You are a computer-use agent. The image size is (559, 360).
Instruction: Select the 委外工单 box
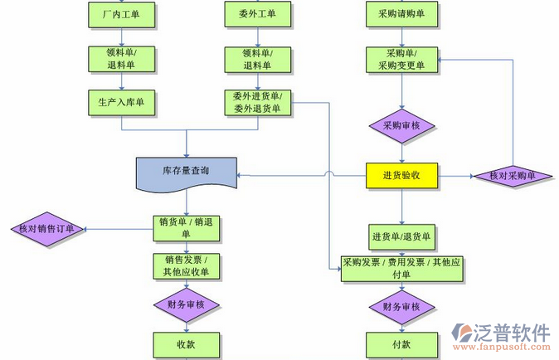coord(257,13)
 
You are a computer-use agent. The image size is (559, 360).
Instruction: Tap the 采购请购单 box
coord(401,13)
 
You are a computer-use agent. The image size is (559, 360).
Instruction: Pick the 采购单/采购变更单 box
coord(401,59)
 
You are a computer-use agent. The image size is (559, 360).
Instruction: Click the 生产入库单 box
coord(122,101)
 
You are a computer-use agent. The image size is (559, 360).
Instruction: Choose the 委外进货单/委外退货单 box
coord(257,101)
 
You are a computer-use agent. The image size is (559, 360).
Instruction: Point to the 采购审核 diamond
coord(401,126)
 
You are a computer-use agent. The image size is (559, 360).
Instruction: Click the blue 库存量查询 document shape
coord(186,172)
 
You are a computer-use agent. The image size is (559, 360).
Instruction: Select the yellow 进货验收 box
coord(401,175)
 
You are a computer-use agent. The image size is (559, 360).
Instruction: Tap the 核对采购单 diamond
coord(512,176)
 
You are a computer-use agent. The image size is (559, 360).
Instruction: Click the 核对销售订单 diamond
coord(46,229)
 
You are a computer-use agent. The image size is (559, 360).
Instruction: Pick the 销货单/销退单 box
coord(186,227)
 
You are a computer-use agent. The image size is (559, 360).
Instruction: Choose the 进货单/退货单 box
coord(401,236)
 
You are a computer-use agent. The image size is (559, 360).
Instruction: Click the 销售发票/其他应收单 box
coord(186,265)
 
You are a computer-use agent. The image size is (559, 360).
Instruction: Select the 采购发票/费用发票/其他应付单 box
coord(401,268)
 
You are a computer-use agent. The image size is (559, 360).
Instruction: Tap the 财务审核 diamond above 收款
coord(186,304)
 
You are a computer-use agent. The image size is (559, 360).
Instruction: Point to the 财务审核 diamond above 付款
coord(401,307)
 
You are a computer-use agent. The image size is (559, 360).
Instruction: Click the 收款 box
coord(186,344)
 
